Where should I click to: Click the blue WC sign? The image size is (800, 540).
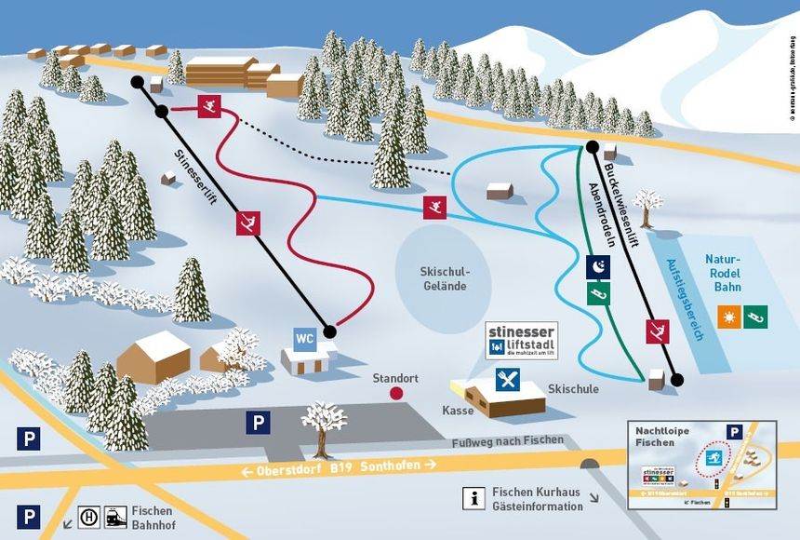304,339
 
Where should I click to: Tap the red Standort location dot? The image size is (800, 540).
396,393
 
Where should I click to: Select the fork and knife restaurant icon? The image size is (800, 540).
508,379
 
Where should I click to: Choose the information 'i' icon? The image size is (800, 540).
474,499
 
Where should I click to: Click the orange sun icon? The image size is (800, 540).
730,316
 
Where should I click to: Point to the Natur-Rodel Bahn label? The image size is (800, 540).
723,273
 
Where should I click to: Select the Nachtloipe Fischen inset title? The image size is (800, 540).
663,438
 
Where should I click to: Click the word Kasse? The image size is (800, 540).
458,410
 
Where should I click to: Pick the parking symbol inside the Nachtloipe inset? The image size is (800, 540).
734,432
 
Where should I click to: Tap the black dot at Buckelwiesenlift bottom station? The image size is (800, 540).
677,380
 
